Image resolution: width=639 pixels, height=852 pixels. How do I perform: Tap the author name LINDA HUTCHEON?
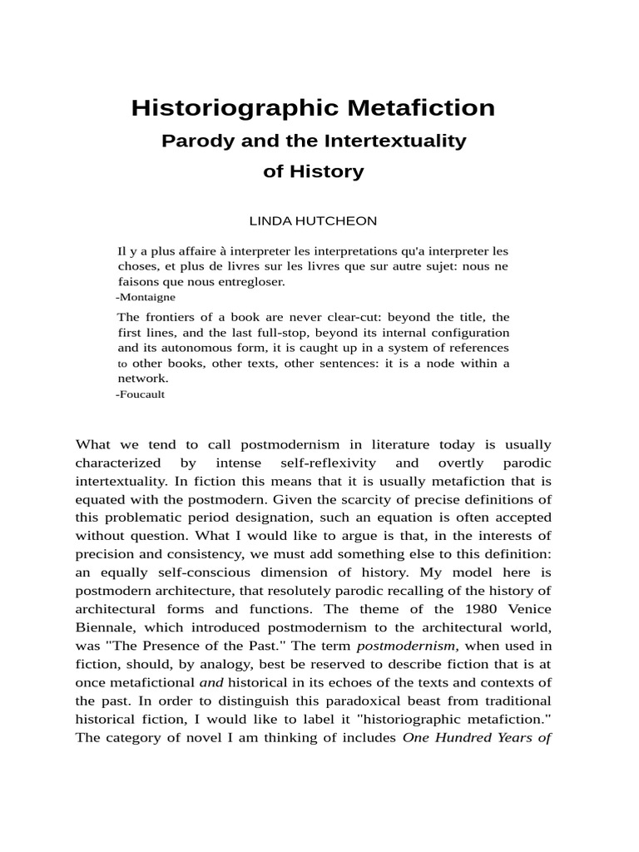pos(313,220)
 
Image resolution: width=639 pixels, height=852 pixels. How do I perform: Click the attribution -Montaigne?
pos(146,296)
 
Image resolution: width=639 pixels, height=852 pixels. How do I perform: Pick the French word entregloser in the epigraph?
pos(247,281)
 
